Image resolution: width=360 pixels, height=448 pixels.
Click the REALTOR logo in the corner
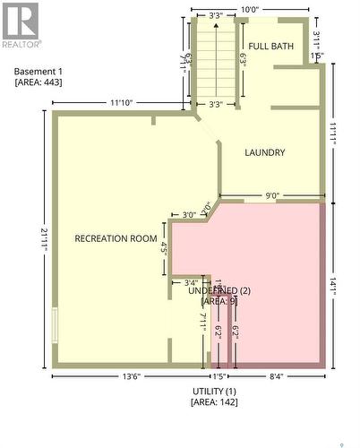pyautogui.click(x=21, y=25)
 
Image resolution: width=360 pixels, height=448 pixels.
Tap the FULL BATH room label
pyautogui.click(x=270, y=47)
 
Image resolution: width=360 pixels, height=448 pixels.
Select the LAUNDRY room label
pyautogui.click(x=265, y=152)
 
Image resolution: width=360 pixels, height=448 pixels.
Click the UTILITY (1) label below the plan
pyautogui.click(x=213, y=392)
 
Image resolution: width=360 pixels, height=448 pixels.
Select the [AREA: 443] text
pyautogui.click(x=39, y=82)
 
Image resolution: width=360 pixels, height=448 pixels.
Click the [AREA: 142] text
pyautogui.click(x=213, y=403)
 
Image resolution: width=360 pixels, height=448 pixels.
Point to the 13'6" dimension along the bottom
pyautogui.click(x=131, y=376)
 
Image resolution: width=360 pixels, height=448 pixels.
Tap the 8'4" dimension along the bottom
pyautogui.click(x=278, y=376)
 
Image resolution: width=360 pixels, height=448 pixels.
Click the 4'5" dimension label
pyautogui.click(x=164, y=247)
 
